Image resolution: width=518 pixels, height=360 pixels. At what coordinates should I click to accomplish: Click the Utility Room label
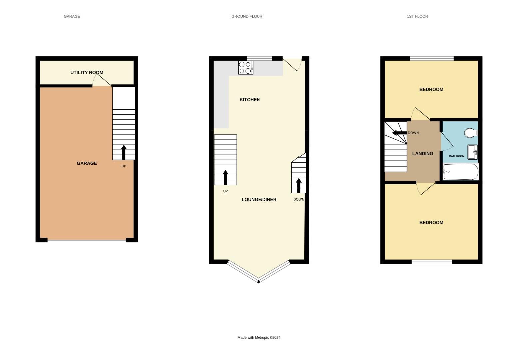(87, 72)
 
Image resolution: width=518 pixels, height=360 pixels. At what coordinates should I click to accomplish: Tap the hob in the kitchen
(246, 68)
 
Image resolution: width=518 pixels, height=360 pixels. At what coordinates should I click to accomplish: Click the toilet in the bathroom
(471, 133)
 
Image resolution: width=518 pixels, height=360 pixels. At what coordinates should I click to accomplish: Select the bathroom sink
(472, 152)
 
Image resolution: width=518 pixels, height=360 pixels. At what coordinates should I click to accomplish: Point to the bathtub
(461, 172)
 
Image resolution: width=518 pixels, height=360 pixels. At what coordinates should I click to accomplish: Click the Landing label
(423, 154)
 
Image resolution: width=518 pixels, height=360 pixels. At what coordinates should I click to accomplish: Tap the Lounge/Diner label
(259, 200)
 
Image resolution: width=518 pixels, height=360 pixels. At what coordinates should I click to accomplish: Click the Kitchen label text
(250, 100)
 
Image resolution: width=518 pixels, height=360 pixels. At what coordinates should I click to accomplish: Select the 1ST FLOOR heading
(417, 16)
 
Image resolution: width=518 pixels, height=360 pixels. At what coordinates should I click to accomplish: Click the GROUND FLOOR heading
(247, 16)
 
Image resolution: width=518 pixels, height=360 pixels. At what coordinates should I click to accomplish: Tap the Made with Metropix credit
(259, 337)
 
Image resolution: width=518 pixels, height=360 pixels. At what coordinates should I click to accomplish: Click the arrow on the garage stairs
(124, 152)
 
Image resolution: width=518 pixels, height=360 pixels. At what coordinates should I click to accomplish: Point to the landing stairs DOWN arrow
(399, 133)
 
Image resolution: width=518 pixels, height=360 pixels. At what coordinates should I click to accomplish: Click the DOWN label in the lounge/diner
(299, 200)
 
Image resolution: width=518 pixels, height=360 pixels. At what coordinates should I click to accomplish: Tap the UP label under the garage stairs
(124, 166)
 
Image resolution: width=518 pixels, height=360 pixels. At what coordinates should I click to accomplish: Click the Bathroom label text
(456, 156)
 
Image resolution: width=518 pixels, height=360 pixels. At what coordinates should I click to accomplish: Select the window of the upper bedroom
(432, 59)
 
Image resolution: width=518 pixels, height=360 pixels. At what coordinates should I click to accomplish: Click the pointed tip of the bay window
(259, 282)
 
